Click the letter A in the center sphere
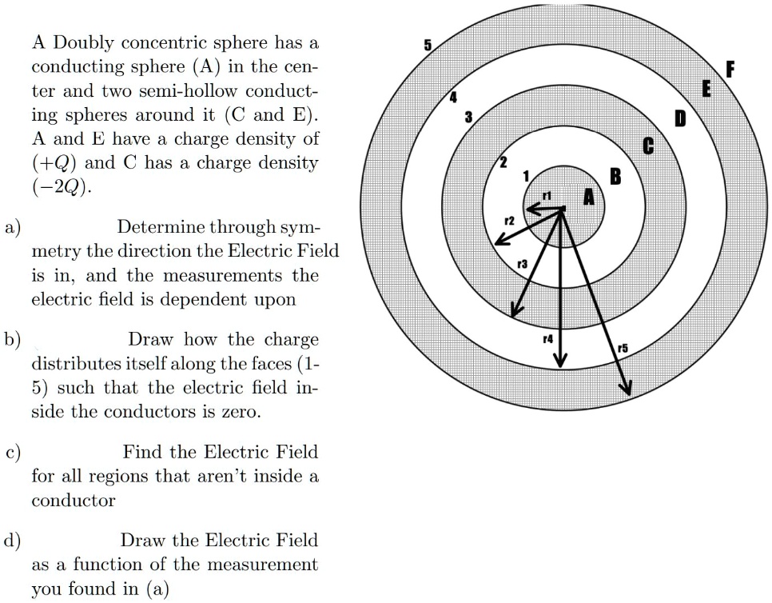point(589,198)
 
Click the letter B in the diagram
point(615,177)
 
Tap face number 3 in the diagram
point(469,118)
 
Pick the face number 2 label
point(503,162)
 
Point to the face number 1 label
point(527,175)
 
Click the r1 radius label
point(547,194)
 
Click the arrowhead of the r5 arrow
point(627,389)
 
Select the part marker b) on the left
point(14,339)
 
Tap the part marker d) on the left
point(14,540)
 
